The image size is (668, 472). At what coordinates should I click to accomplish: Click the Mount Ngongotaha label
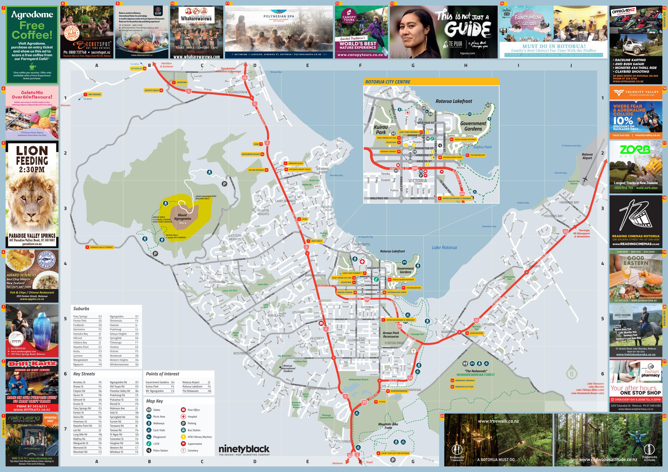tap(182, 217)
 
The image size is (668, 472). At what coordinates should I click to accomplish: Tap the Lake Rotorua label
tap(444, 247)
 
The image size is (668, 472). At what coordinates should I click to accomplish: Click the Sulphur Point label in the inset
tap(482, 147)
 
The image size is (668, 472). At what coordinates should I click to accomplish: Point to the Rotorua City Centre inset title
tap(388, 82)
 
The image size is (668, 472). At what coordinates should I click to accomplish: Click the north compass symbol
tap(571, 374)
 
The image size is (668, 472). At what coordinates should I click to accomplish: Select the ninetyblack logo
tap(244, 449)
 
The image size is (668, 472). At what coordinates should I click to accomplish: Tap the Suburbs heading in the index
tap(81, 309)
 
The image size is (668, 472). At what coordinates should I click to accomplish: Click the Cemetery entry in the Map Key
tap(193, 451)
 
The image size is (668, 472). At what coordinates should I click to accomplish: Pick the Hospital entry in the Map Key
tap(192, 416)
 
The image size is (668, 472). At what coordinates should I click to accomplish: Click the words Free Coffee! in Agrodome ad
tap(32, 30)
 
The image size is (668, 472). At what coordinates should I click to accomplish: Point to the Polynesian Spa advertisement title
tap(278, 16)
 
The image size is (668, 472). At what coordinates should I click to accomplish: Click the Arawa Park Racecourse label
tap(391, 335)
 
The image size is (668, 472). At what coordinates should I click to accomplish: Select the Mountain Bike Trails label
tap(388, 426)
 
